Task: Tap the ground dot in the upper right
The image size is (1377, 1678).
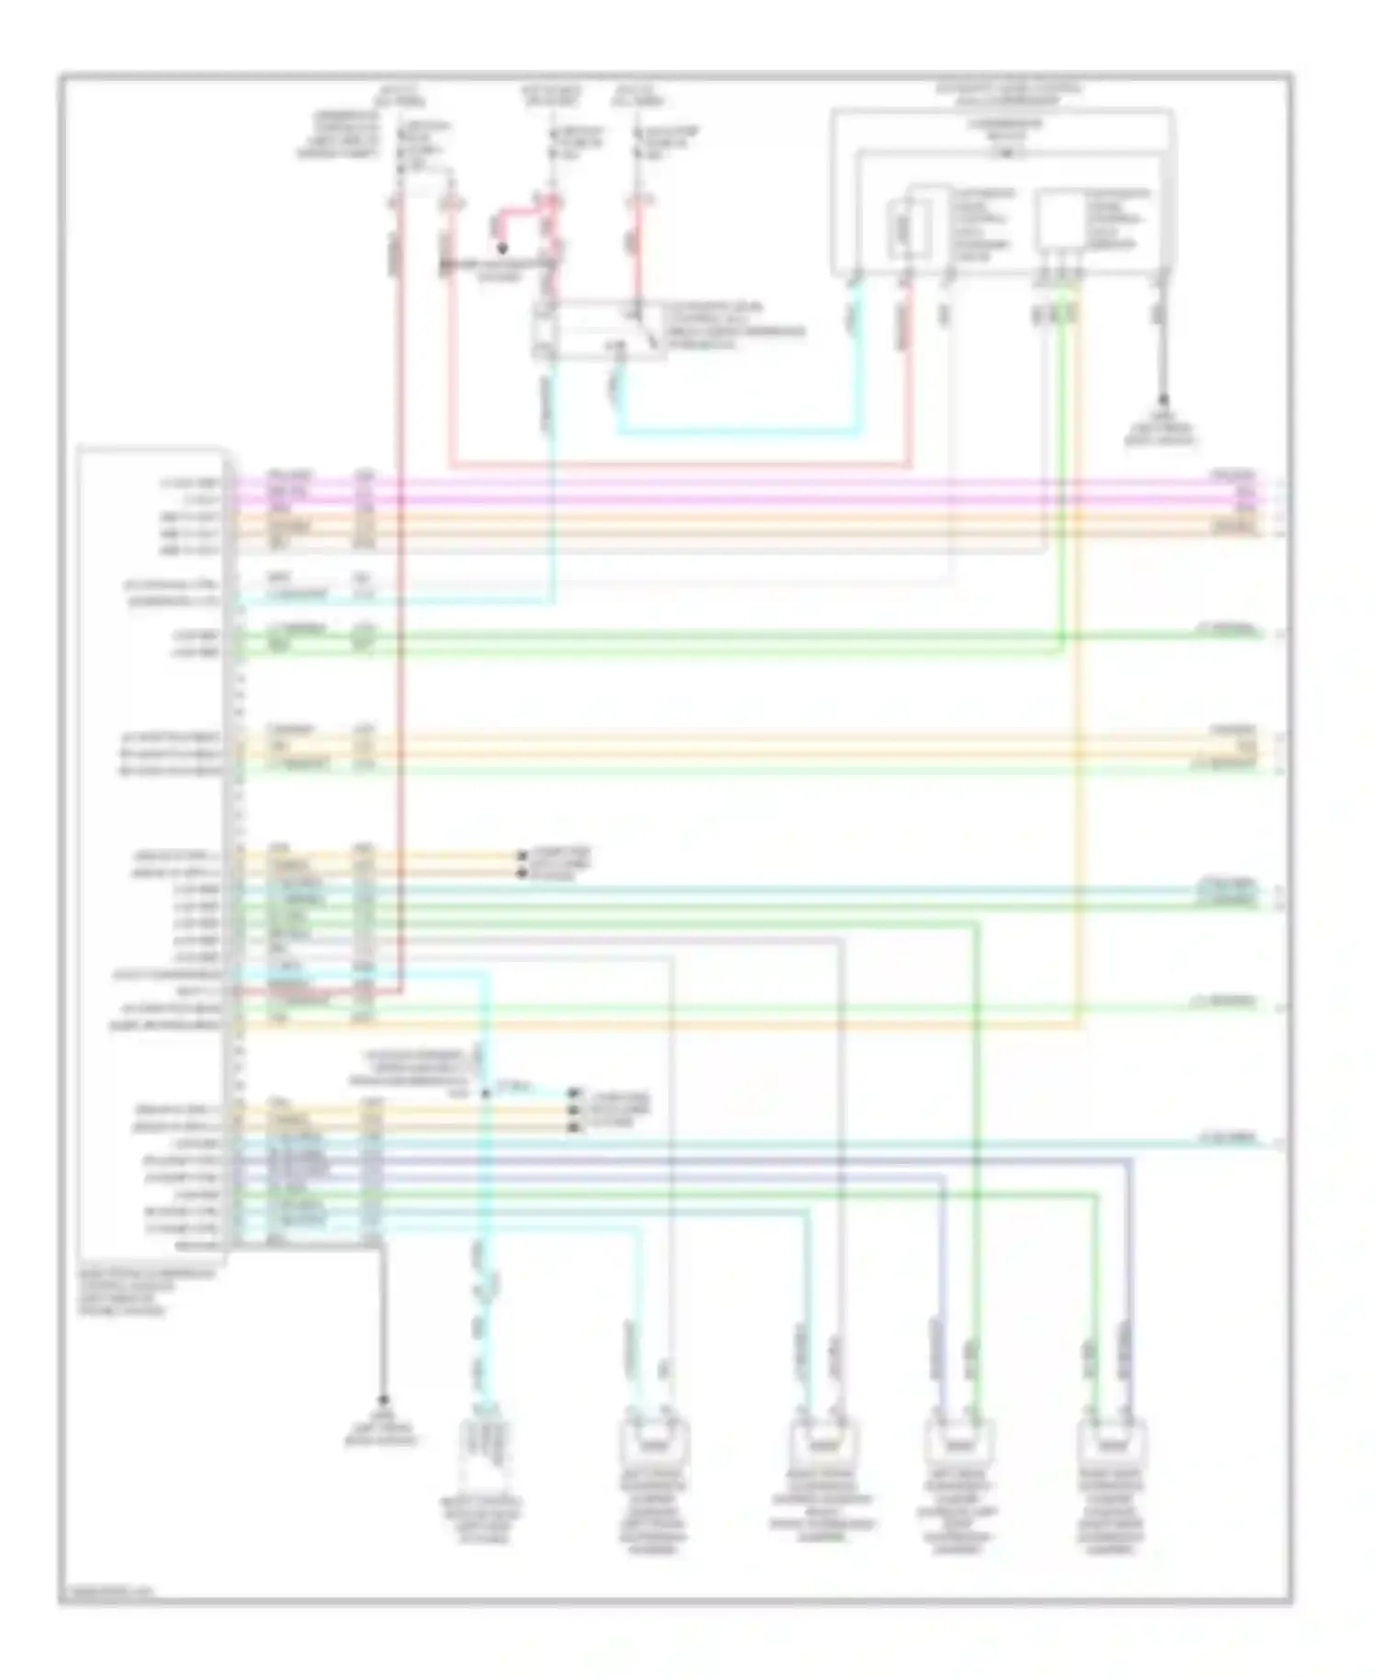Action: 1163,400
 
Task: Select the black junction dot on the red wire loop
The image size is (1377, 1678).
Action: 501,248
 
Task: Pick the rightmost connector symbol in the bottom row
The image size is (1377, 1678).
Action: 1113,1444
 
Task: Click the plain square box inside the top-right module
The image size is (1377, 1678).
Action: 1059,220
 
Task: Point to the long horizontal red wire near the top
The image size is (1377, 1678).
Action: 679,464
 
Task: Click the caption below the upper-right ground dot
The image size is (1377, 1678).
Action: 1161,433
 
